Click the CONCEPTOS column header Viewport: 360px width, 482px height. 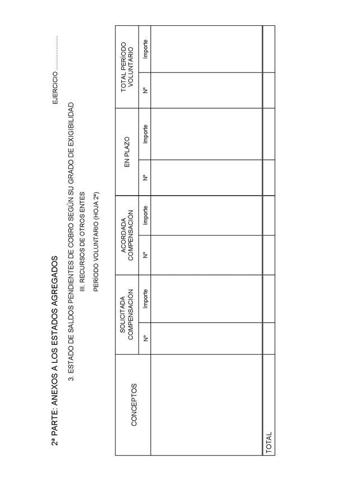click(133, 404)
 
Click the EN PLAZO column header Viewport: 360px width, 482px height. click(127, 151)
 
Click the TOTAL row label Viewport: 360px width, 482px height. click(269, 442)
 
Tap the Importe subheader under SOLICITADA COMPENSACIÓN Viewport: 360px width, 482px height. click(145, 299)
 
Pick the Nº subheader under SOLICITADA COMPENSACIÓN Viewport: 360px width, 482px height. click(145, 338)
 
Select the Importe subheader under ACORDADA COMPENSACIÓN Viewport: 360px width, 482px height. click(145, 215)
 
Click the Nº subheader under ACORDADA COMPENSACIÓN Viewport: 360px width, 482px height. click(145, 255)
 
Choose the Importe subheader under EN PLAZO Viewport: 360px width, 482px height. click(145, 134)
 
